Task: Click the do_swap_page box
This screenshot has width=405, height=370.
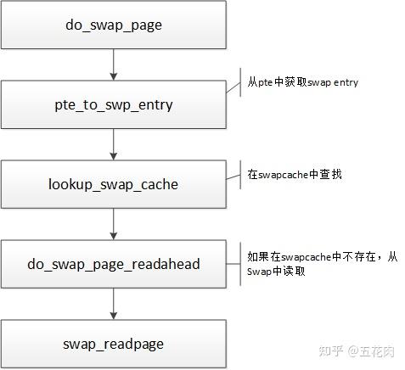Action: [113, 25]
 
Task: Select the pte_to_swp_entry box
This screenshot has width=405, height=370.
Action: [113, 104]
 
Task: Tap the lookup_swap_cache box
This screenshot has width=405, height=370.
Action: [113, 183]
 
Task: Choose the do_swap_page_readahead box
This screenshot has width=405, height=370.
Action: [113, 264]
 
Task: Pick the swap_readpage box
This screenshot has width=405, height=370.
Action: [113, 344]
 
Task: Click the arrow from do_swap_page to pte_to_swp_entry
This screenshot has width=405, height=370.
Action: [113, 64]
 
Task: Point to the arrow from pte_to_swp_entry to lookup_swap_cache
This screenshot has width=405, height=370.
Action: [113, 144]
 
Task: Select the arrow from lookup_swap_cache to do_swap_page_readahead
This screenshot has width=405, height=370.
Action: [113, 224]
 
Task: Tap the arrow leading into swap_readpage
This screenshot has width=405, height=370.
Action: [113, 304]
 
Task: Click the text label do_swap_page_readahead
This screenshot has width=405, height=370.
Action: [113, 264]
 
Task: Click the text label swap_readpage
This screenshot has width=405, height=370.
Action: [113, 344]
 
